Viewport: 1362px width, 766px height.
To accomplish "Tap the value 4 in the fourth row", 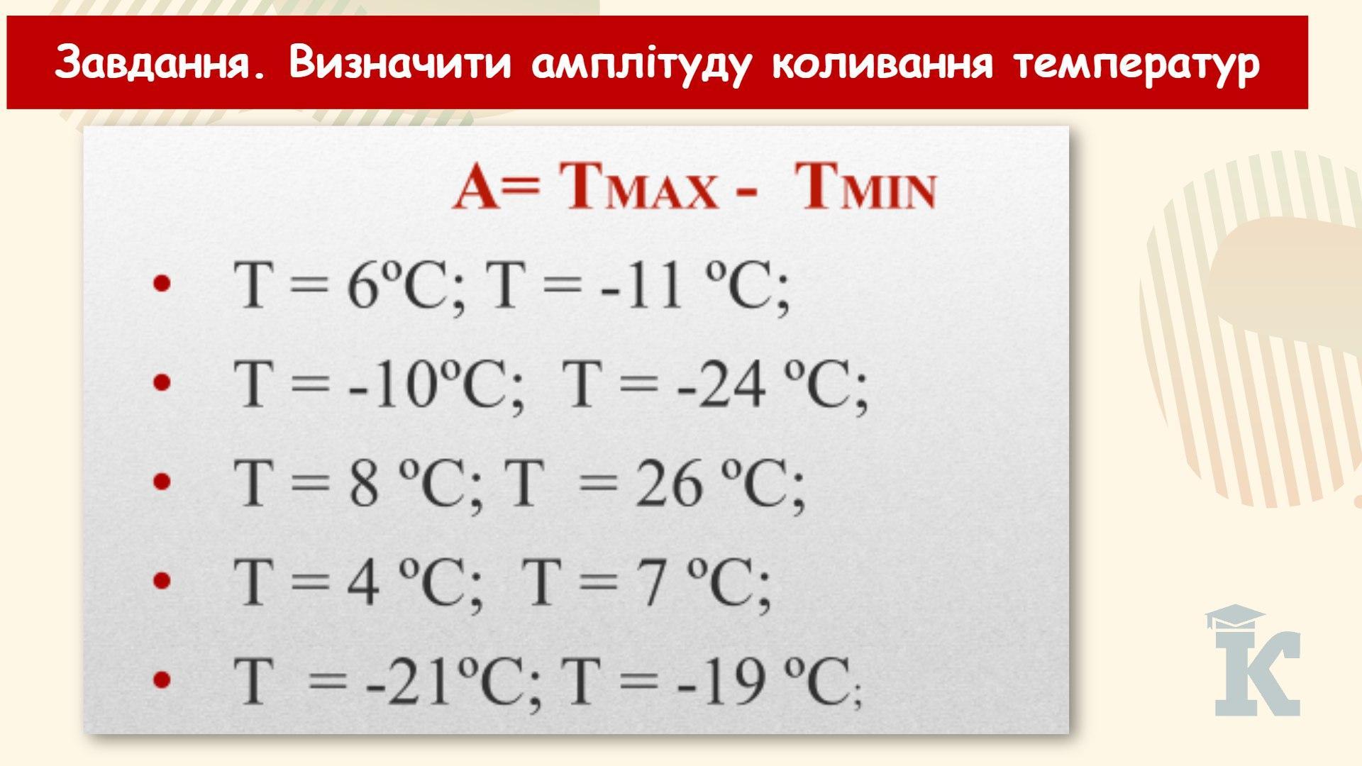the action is pos(363,582).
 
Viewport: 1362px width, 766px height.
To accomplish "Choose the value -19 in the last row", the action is pos(718,682).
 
